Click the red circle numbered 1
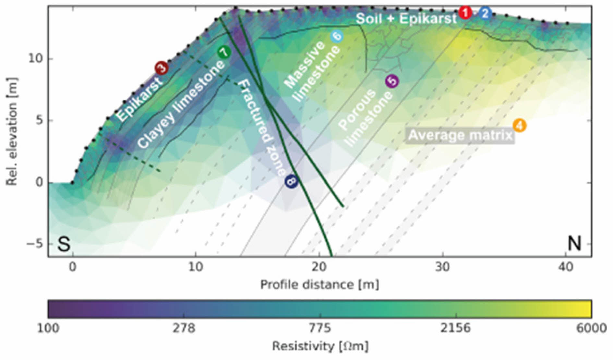click(x=465, y=13)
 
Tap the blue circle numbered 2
click(x=485, y=13)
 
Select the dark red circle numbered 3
click(x=162, y=68)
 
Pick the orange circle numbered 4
click(x=519, y=125)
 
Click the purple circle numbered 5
click(x=392, y=81)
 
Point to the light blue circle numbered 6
click(x=337, y=36)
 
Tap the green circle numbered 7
click(x=224, y=52)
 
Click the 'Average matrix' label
click(x=460, y=135)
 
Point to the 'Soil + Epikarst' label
click(x=406, y=18)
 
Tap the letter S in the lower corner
click(x=64, y=244)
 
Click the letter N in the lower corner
click(x=574, y=243)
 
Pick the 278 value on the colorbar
click(x=184, y=328)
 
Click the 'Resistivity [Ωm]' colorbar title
click(x=320, y=346)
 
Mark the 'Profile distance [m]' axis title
click(x=319, y=284)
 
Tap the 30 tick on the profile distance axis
click(x=442, y=267)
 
